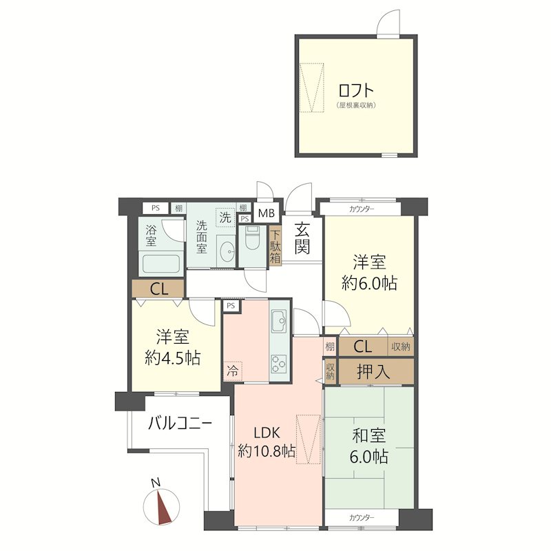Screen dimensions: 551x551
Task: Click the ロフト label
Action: tap(356, 90)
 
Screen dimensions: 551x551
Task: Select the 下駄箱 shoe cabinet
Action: tap(275, 247)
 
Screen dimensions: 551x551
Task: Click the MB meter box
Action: tap(266, 211)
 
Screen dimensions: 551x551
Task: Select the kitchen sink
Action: tap(280, 320)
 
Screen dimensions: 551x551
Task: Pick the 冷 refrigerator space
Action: tap(233, 371)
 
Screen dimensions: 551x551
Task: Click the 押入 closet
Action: tap(375, 373)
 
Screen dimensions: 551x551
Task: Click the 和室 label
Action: tap(369, 436)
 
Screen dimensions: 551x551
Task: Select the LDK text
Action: tap(266, 433)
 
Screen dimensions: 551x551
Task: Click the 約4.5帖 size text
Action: tap(173, 357)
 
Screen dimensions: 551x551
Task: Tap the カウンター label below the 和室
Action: tap(362, 517)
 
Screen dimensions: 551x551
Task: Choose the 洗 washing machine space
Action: tap(225, 216)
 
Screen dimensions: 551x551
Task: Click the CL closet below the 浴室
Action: tap(158, 289)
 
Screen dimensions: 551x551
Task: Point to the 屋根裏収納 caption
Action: tap(356, 105)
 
